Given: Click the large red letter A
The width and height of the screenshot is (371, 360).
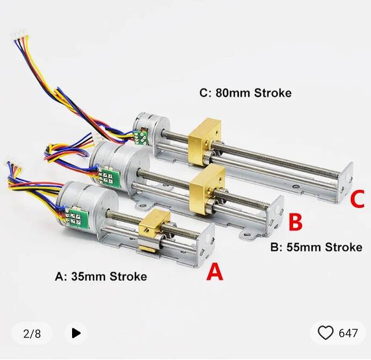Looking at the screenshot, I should pos(215,272).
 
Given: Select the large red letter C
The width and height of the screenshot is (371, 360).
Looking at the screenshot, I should pos(358,200).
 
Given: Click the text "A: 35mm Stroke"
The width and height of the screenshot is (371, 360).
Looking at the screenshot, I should pos(101,277).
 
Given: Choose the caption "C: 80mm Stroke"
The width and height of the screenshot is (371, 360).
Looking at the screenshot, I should pos(245,93).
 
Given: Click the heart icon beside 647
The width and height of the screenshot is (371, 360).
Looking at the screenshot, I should pos(326,333).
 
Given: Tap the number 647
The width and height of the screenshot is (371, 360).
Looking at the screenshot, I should pos(348,334).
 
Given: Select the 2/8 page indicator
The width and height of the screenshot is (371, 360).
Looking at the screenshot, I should pos(32,334).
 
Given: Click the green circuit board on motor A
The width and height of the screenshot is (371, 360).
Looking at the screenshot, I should pos(72,217).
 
